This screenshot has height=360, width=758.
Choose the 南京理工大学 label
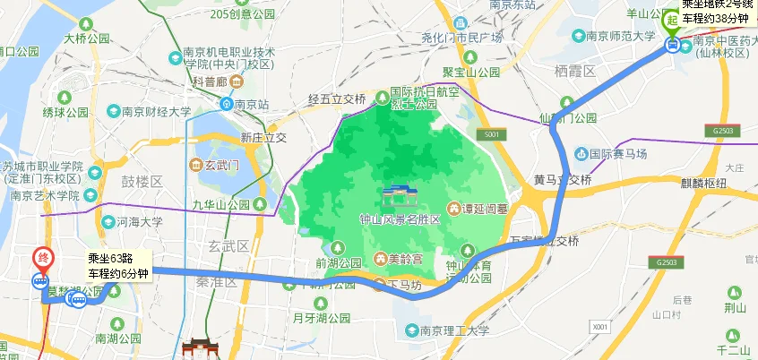pyautogui.click(x=455, y=330)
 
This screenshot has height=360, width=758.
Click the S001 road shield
pyautogui.click(x=487, y=134)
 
